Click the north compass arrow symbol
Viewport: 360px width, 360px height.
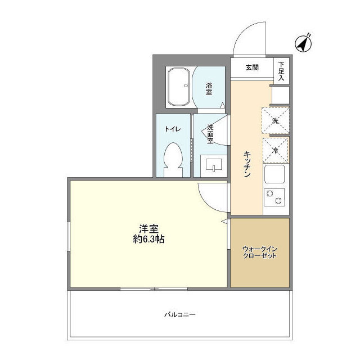click(x=305, y=43)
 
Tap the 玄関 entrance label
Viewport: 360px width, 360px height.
click(x=251, y=67)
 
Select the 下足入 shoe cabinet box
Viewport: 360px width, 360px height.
click(x=282, y=71)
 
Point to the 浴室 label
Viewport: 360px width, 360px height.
click(x=209, y=88)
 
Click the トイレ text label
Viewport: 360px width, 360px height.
click(x=173, y=129)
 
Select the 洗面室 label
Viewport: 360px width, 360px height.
click(x=210, y=134)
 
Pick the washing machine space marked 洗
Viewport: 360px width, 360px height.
click(x=275, y=121)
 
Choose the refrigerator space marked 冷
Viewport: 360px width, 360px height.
click(x=275, y=150)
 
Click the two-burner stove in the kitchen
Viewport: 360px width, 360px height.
click(x=274, y=197)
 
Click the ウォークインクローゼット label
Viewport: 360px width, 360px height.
click(x=259, y=252)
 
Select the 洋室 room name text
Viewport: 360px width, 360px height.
click(x=148, y=228)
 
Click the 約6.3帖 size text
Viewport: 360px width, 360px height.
click(x=148, y=239)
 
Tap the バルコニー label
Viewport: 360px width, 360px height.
click(x=180, y=314)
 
